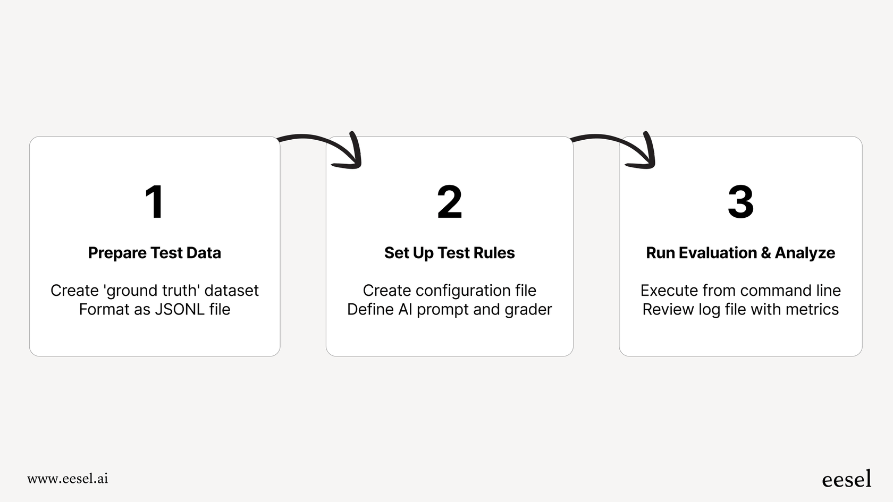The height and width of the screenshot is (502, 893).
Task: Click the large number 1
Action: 154,202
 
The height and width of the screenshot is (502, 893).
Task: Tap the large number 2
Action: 450,202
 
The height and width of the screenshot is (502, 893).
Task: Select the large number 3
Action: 740,202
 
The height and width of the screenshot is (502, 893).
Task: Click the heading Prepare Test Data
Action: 154,253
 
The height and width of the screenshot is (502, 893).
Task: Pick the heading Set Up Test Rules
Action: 450,253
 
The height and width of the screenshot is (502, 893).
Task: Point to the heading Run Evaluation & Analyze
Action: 740,253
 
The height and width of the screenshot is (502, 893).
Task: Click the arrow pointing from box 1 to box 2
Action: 324,146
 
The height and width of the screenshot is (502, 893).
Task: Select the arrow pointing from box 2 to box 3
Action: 617,146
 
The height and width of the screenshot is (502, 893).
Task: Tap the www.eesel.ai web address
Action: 68,479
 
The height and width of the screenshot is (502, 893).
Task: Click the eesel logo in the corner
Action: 846,479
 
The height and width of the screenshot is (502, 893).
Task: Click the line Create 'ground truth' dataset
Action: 154,291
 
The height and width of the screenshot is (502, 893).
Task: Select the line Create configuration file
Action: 450,291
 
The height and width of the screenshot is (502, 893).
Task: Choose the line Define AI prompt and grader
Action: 450,309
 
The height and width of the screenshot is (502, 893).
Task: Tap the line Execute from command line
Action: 740,291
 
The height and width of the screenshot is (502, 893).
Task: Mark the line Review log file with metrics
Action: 740,309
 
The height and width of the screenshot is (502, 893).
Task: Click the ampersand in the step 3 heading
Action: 766,253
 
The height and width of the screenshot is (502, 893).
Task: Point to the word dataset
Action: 231,291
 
